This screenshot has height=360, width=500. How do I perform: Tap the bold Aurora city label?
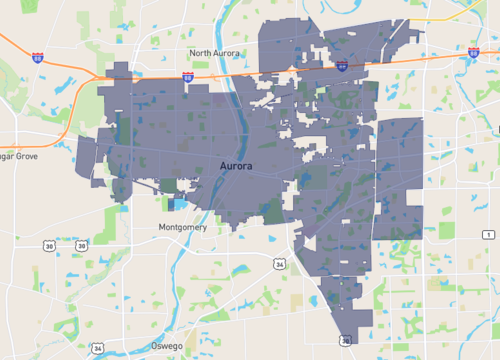point(236,163)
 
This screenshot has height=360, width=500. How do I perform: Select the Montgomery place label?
point(183,228)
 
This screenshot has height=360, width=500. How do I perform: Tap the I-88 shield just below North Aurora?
point(188,76)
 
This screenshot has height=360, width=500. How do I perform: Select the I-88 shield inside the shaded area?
point(342,66)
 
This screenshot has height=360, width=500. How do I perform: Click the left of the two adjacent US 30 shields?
point(49,244)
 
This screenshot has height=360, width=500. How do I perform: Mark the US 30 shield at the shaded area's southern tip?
point(346,340)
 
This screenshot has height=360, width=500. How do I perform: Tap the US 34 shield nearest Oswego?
point(97,347)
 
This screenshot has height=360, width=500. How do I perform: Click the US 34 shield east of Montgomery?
point(280,264)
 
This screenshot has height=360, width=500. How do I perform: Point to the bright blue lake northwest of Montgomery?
point(178,204)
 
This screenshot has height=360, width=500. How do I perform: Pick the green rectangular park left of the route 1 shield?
point(447,230)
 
